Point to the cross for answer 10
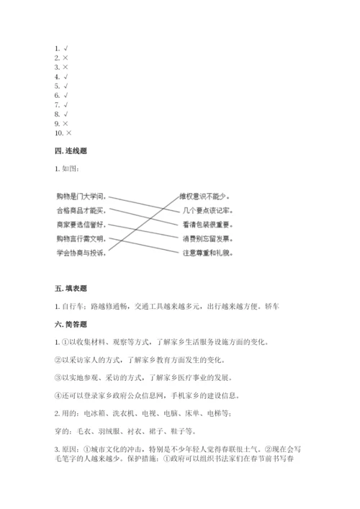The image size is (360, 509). point(69,133)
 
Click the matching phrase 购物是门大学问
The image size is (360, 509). point(81,196)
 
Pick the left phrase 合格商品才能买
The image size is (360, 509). point(81,210)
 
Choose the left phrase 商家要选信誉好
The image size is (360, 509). point(81,224)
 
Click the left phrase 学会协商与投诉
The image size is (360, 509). point(81,253)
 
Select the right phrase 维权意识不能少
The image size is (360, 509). point(207,196)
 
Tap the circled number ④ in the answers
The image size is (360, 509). point(58,395)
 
